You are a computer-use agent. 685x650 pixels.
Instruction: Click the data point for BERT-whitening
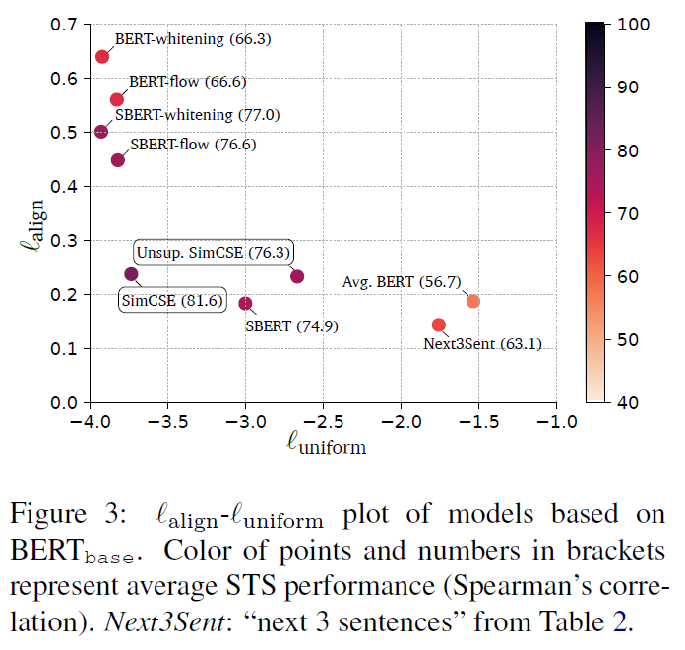tap(102, 56)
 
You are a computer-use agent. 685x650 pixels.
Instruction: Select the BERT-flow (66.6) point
tap(117, 99)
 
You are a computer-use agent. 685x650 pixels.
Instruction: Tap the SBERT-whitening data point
tap(101, 131)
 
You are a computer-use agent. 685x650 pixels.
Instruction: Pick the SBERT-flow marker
tap(118, 159)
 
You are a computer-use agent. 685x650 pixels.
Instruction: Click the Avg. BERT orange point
tap(473, 301)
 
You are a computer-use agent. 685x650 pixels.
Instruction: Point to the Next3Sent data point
tap(439, 325)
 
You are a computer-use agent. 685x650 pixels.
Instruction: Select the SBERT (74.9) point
tap(246, 303)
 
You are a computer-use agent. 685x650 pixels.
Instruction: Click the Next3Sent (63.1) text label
tap(482, 344)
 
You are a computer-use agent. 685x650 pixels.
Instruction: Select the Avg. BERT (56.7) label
tap(401, 282)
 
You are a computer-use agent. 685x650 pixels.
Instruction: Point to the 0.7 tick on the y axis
tap(64, 24)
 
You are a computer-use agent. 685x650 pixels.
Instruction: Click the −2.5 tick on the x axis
tap(324, 421)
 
